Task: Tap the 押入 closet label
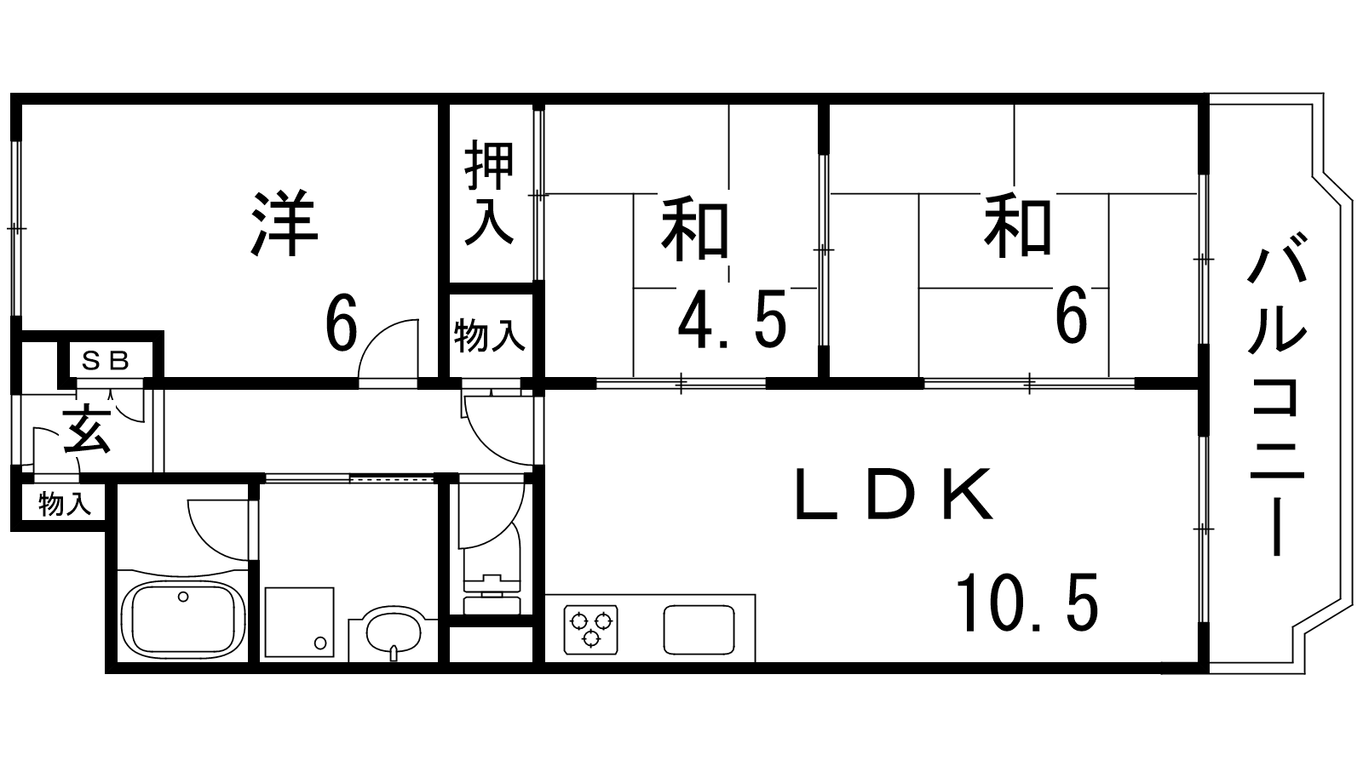[489, 192]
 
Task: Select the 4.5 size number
[732, 318]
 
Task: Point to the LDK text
[894, 494]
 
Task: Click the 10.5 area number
[1027, 602]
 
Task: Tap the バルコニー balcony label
[1277, 394]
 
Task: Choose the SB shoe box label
[106, 362]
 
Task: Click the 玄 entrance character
[87, 431]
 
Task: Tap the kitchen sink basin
[699, 629]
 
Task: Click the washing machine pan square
[299, 622]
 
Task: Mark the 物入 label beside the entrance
[65, 505]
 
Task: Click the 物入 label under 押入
[489, 335]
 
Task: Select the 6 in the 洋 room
[342, 323]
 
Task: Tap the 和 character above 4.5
[695, 229]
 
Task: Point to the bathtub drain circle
[183, 597]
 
